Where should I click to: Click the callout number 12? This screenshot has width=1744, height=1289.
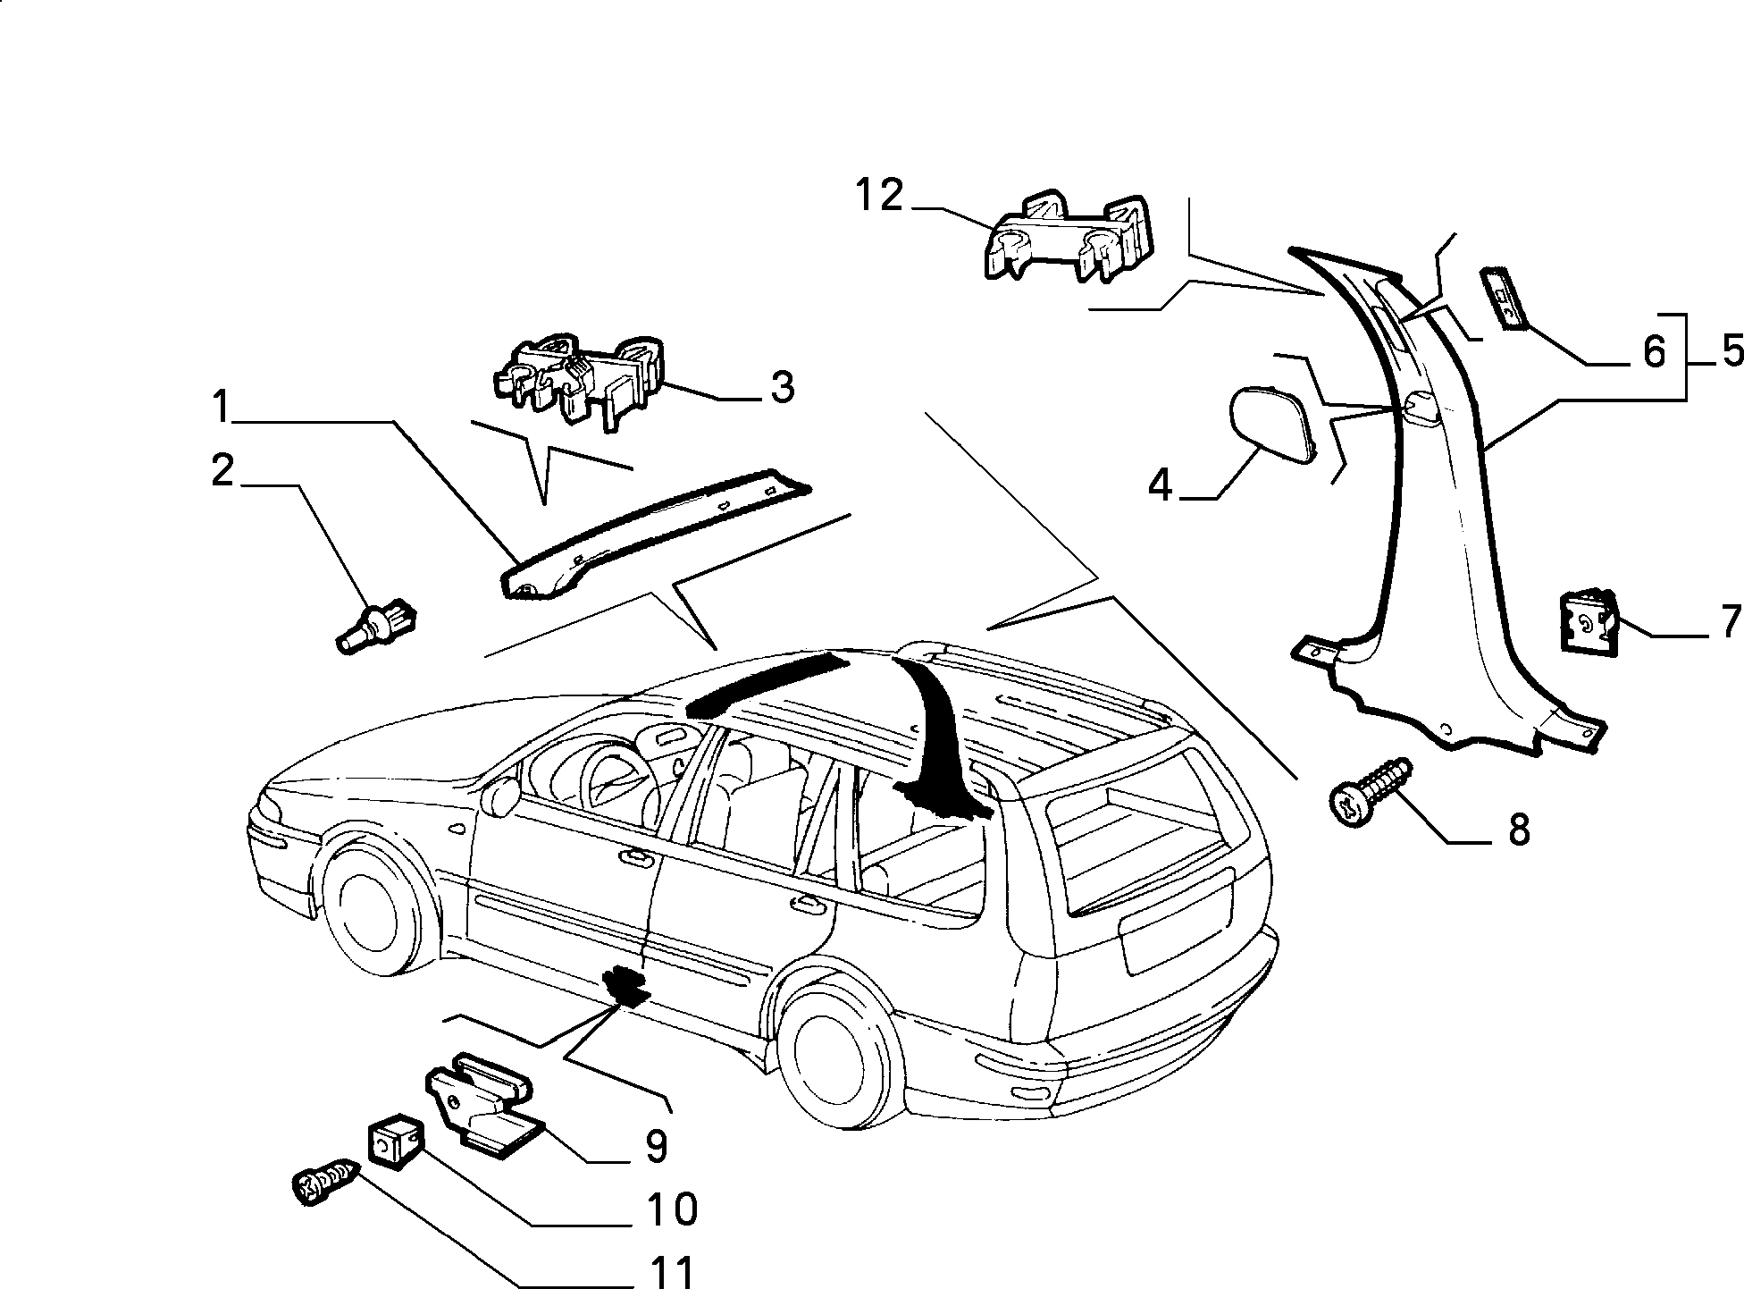tap(880, 195)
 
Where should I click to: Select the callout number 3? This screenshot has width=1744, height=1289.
tap(782, 389)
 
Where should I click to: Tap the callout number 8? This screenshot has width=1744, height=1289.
tap(1519, 830)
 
